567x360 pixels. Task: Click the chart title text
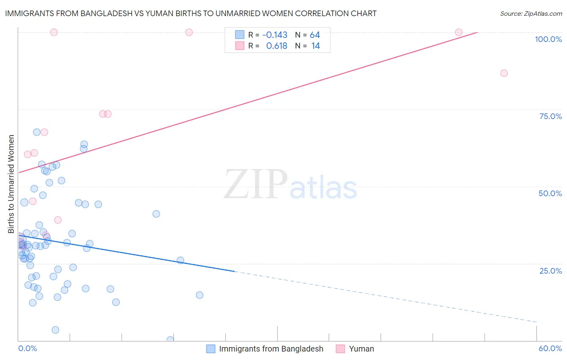coord(191,13)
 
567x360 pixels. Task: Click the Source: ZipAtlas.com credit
coord(531,13)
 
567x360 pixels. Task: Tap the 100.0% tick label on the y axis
coord(548,39)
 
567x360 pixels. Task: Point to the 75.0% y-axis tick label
coord(550,116)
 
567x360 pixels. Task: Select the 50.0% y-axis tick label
coord(550,193)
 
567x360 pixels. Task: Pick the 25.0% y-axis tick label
coord(550,271)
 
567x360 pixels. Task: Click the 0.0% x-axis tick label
coord(27,348)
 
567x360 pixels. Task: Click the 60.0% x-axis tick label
coord(550,348)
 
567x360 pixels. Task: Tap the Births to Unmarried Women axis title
coord(11,184)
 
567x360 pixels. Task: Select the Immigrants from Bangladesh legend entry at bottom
coord(271,349)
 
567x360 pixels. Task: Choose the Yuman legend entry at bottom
coord(361,349)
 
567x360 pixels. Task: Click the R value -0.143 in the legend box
coord(275,35)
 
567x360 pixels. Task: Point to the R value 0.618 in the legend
coord(277,46)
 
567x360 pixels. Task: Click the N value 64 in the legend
coord(315,35)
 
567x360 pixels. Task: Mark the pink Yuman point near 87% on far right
coord(504,73)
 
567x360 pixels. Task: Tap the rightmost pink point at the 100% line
coord(459,32)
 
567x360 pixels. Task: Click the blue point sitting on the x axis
coord(170,340)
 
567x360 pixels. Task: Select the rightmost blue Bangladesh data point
coord(199,295)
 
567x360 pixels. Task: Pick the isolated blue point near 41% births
coord(156,214)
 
